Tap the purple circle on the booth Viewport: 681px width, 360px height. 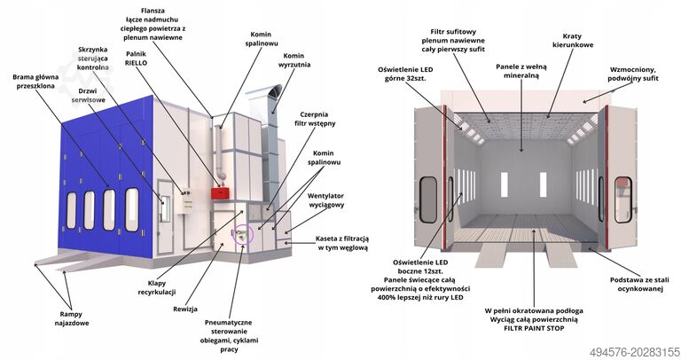click(x=243, y=234)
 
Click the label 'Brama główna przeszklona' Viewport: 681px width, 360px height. click(x=35, y=82)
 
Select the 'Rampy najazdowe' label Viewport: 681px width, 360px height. click(x=71, y=318)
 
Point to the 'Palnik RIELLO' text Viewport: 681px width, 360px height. click(x=136, y=59)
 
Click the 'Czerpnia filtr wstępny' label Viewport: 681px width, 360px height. click(x=314, y=119)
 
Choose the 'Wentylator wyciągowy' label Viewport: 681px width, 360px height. click(x=325, y=200)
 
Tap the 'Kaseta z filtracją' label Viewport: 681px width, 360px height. click(x=341, y=239)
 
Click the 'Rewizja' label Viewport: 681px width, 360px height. click(x=185, y=309)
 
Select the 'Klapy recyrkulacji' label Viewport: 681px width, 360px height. click(x=157, y=287)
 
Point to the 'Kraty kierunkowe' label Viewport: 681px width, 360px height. click(x=573, y=41)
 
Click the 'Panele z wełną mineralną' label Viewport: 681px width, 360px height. click(x=521, y=71)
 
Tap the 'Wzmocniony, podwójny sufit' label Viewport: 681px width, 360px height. click(x=633, y=74)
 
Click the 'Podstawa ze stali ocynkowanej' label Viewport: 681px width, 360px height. click(x=639, y=285)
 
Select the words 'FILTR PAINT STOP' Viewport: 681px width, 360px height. click(x=534, y=328)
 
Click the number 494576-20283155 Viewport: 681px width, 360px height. click(x=634, y=351)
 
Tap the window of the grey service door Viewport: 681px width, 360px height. click(x=165, y=209)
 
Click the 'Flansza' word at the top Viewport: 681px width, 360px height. click(x=153, y=11)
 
